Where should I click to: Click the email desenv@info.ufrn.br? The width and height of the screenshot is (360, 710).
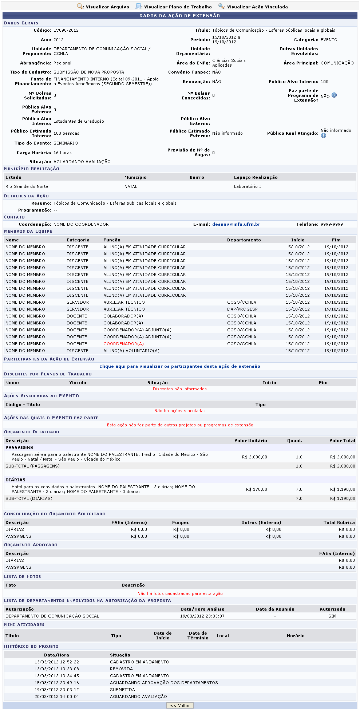point(236,224)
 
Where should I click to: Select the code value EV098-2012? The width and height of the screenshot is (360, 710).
point(66,30)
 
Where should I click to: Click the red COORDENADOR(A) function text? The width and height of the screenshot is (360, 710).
point(123,344)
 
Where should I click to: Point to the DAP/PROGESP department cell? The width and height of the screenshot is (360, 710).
point(242,309)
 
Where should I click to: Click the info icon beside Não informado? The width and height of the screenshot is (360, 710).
point(324,136)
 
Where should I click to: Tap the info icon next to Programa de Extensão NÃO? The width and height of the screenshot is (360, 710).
point(334,95)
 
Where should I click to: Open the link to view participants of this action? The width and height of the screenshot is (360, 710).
point(180,366)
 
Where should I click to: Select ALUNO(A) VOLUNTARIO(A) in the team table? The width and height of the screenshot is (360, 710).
point(131,351)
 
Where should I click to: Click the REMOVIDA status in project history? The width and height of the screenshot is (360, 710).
point(121,669)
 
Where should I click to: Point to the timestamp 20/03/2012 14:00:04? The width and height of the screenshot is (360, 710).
point(56,697)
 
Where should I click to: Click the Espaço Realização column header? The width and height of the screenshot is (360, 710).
point(256,177)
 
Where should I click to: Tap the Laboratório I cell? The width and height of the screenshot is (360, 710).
point(247,186)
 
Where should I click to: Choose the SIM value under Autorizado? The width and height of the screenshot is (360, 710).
point(332,616)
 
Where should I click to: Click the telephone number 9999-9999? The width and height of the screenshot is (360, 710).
point(332,224)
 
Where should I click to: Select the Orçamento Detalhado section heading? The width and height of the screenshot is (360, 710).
point(32,432)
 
